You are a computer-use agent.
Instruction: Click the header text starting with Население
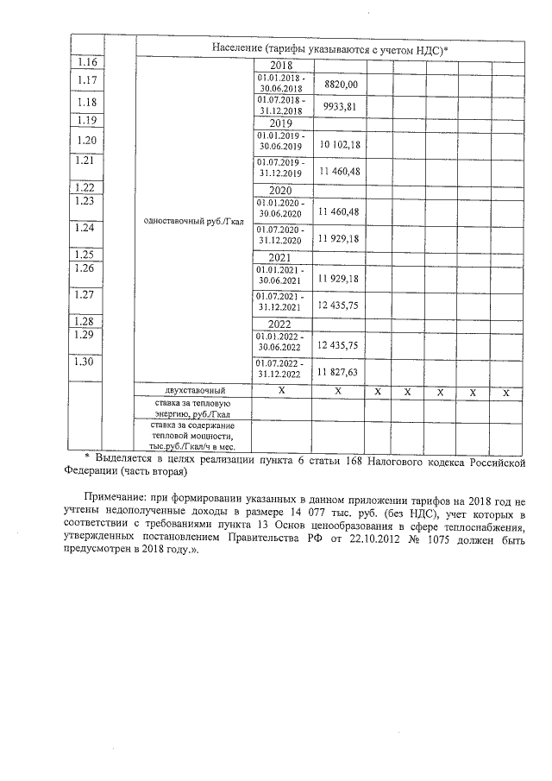(x=327, y=50)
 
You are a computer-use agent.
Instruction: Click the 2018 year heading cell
(x=282, y=66)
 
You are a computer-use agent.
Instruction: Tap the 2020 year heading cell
(x=282, y=190)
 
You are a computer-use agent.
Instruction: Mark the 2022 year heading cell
(x=282, y=324)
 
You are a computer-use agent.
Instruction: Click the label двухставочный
(x=195, y=391)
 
